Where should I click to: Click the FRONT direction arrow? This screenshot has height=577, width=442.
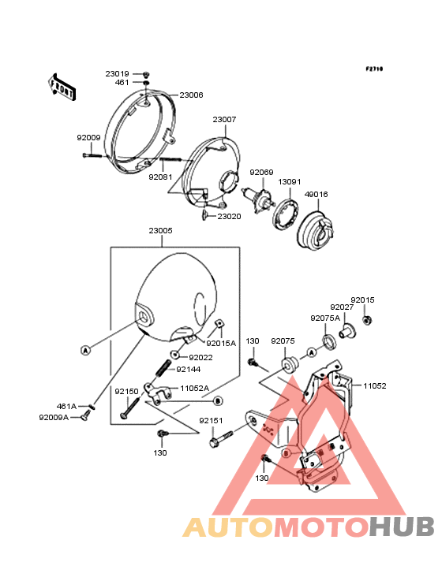click(x=62, y=87)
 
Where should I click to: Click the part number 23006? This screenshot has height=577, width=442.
click(x=191, y=95)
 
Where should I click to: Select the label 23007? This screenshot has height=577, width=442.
click(x=224, y=120)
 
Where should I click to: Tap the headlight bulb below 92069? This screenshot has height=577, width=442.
click(x=259, y=199)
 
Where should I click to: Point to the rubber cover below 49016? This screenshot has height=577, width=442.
click(x=316, y=230)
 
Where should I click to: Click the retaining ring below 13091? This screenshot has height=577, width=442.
click(x=287, y=214)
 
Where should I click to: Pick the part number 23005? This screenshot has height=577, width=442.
click(x=160, y=231)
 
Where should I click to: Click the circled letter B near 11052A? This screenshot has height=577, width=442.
click(x=218, y=400)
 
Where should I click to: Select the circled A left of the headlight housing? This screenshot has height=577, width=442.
click(x=85, y=350)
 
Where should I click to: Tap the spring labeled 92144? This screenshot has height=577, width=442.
click(x=163, y=368)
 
